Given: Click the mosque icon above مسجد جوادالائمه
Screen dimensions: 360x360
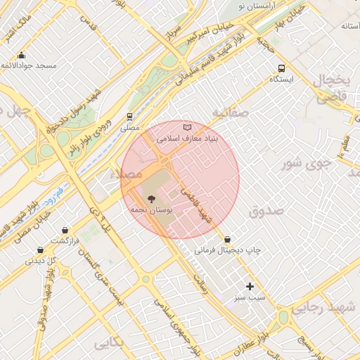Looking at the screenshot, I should point(21,56).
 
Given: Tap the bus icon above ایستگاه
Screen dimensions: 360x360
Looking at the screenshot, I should point(281,69).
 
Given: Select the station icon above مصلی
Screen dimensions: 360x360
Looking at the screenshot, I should point(129,117).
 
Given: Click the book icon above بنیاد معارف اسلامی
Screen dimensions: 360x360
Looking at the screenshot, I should point(186,127).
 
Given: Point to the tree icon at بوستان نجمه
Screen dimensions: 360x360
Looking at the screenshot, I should point(150,199).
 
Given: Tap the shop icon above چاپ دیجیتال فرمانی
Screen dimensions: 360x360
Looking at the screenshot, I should point(226,239).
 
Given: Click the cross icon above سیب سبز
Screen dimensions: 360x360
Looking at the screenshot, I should point(250,286).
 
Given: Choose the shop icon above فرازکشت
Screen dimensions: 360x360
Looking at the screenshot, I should point(65,230).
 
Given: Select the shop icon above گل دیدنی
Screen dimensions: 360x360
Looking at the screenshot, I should point(40,250).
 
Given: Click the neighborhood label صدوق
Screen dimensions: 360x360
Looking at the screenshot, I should point(265,210).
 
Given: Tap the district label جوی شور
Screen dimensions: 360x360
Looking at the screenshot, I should point(305,165).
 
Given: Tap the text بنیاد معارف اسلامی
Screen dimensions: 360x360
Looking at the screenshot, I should point(188,139).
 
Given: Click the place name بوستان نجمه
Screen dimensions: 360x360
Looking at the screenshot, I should point(148,210).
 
